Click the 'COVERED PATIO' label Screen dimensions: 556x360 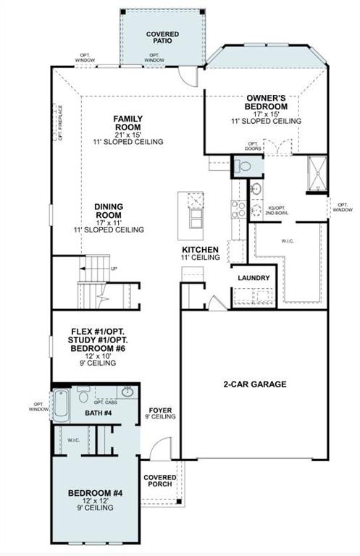coord(162,38)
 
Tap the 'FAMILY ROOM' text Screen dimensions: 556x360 coord(128,124)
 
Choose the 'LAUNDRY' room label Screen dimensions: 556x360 coord(254,278)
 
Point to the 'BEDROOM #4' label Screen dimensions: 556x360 coord(96,494)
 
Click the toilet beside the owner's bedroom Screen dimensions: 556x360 coord(243,166)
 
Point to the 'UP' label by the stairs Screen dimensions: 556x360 coord(114,269)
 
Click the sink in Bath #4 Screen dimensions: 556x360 coord(127,392)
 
